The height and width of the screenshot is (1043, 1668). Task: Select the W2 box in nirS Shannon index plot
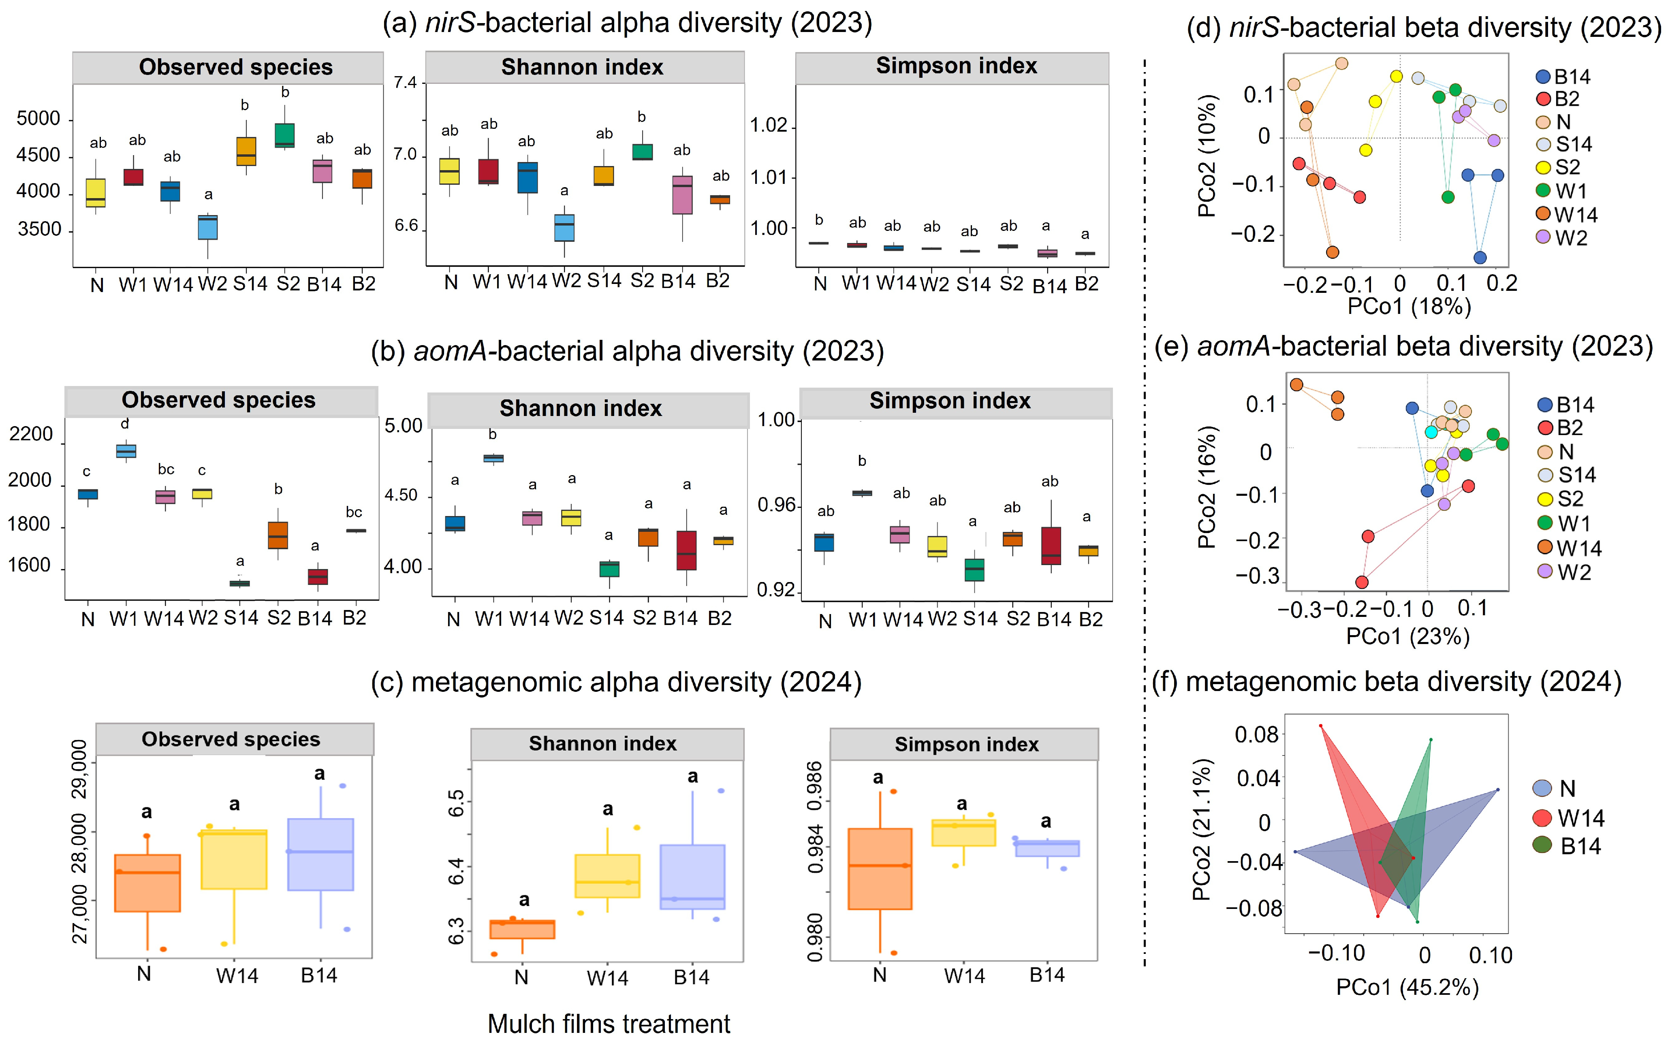click(x=564, y=228)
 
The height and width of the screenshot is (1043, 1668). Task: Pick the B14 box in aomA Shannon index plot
click(x=686, y=550)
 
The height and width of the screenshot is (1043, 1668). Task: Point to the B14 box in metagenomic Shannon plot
click(x=692, y=877)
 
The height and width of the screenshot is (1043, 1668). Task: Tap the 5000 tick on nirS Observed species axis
click(x=38, y=119)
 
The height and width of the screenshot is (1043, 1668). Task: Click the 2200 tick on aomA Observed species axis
click(x=31, y=435)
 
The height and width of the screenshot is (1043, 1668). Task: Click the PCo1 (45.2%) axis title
click(x=1407, y=987)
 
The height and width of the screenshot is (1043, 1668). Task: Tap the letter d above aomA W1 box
click(x=125, y=424)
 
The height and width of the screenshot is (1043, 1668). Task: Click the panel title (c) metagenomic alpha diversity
click(x=616, y=682)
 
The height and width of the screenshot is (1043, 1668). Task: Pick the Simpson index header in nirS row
click(x=956, y=66)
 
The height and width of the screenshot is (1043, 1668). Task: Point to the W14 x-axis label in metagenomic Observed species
click(x=237, y=975)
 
